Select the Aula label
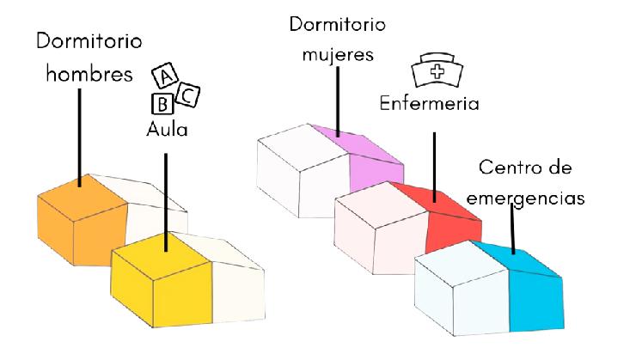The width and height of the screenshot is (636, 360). click(x=166, y=131)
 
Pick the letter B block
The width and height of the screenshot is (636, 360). click(x=162, y=105)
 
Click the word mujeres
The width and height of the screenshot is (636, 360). click(x=337, y=54)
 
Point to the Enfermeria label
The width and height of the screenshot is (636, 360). click(x=430, y=103)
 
